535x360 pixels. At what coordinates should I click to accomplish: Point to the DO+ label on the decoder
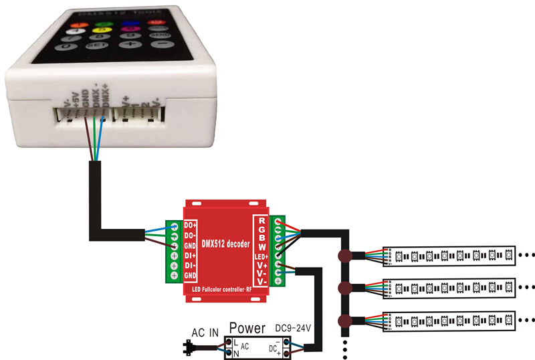coord(190,226)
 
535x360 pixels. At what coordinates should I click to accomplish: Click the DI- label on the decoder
coord(190,266)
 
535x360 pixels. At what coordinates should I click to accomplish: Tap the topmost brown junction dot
coord(345,256)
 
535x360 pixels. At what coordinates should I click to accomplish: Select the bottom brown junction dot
coord(345,320)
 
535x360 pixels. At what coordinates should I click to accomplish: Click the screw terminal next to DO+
coord(174,226)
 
